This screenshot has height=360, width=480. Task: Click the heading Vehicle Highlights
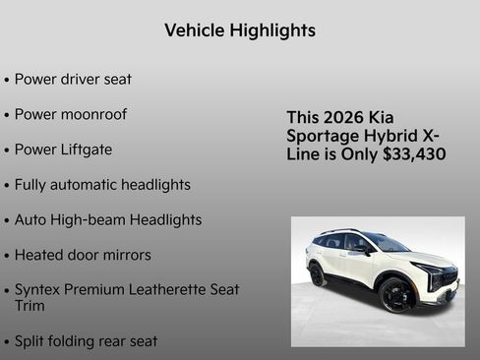click(240, 30)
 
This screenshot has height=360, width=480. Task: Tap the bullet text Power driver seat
click(73, 79)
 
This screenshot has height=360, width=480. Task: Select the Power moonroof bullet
click(71, 114)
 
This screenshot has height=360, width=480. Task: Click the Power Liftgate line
click(63, 150)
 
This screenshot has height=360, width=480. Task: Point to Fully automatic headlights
click(102, 185)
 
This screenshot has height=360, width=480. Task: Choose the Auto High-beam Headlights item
click(108, 220)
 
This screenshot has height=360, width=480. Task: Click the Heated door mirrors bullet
click(83, 255)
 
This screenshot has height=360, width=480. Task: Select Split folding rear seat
click(86, 341)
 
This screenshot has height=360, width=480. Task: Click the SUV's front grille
click(449, 278)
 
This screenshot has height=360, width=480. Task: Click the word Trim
click(30, 306)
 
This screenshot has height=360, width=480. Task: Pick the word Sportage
click(320, 136)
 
